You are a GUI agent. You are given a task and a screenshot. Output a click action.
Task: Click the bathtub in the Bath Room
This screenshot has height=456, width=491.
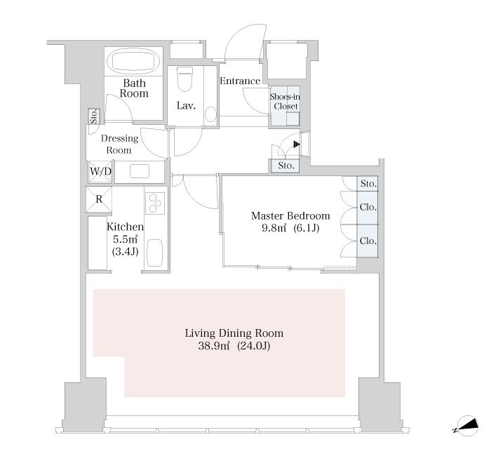pos(134,62)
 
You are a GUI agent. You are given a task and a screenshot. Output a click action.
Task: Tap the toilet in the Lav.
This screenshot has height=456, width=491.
pos(184,79)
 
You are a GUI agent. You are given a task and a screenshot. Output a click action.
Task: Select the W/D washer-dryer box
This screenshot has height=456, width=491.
pos(100,171)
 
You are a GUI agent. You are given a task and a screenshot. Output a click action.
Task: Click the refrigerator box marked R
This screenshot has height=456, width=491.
pos(99,199)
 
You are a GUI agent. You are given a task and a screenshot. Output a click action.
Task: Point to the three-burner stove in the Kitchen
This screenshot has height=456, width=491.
pos(155,203)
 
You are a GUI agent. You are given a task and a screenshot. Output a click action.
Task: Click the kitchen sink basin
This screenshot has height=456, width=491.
pos(155,253)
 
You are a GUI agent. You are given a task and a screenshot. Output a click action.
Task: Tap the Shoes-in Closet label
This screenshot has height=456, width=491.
pos(285,102)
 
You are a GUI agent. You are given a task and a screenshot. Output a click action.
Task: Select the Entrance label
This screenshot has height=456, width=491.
pos(240,81)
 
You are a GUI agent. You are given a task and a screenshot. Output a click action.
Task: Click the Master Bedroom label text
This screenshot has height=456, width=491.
pos(290,216)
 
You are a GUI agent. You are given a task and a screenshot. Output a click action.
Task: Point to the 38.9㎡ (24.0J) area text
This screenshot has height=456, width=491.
pos(234,346)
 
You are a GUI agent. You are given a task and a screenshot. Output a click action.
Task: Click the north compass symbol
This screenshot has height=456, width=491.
pos(466,426)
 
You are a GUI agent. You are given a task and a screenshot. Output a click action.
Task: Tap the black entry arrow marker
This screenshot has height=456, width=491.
pos(297,145)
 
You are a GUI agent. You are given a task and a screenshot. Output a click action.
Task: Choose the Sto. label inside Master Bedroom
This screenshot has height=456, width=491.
pos(368,184)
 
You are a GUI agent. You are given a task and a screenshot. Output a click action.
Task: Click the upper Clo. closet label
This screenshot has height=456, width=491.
pos(368,208)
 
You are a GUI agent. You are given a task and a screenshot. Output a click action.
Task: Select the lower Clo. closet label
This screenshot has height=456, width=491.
pos(368,241)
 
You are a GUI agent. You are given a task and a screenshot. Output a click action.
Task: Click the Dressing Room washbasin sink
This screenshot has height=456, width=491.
pos(140,171)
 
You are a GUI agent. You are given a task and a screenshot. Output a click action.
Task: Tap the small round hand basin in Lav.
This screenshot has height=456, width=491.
pos(211,114)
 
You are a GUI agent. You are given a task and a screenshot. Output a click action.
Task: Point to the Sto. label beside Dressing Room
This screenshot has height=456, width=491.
pos(93,116)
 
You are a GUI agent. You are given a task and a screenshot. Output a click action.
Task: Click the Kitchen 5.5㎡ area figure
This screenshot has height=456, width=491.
pos(125,240)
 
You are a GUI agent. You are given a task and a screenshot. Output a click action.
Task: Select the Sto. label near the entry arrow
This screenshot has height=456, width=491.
pos(286,166)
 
